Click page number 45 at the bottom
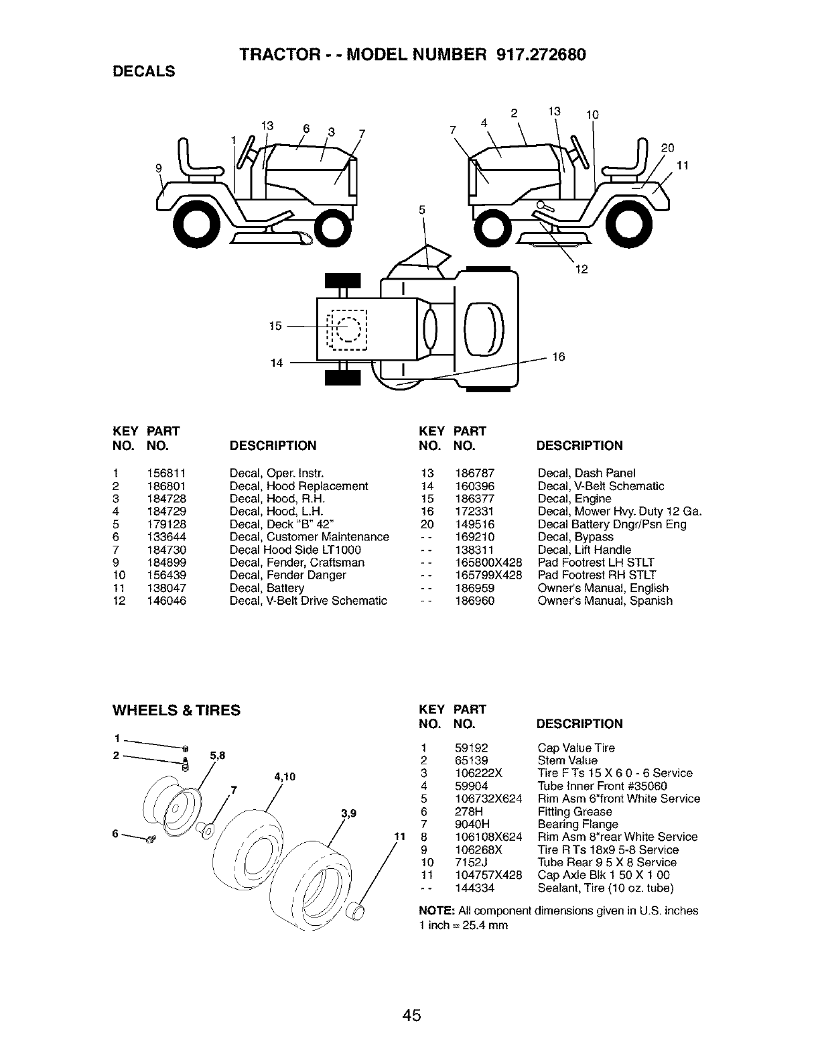tap(411, 1016)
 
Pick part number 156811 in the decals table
tap(166, 473)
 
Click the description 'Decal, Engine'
tap(574, 499)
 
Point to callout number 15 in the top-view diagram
tap(275, 327)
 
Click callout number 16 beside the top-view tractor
tap(558, 357)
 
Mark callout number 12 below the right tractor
tap(581, 270)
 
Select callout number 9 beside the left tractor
tap(159, 169)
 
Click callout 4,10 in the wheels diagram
tap(285, 778)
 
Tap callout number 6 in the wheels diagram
tap(116, 833)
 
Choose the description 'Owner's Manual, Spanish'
tap(604, 601)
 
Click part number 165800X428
tap(488, 563)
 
